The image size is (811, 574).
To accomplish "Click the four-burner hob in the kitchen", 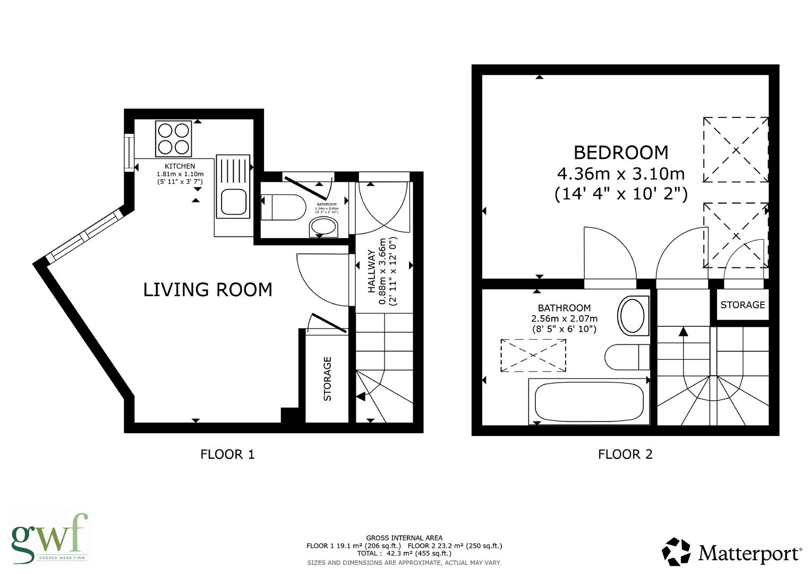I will tap(173, 138).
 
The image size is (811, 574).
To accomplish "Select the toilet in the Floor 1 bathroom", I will tap(283, 207).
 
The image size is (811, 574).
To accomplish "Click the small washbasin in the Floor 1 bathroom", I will tap(323, 228).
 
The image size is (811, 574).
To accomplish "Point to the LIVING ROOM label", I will tap(208, 290).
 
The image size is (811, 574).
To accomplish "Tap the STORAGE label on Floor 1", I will tap(327, 378).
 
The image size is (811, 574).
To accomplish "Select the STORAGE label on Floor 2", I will tap(742, 305).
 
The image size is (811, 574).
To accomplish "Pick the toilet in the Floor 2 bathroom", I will tap(627, 357).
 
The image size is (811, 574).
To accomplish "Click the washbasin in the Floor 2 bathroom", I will tap(634, 315).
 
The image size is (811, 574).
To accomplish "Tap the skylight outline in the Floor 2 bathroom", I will tap(533, 356).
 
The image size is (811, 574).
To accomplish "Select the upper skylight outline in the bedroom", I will tap(736, 150).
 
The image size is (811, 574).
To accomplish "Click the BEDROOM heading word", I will tap(620, 153).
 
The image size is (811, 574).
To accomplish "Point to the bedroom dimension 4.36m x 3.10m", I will tap(620, 174).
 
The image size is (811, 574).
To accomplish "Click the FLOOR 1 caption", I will tap(227, 454).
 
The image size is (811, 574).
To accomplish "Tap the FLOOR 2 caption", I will tap(625, 454).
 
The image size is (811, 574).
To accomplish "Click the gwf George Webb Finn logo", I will tap(49, 538).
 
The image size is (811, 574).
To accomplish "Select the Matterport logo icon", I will tap(676, 552).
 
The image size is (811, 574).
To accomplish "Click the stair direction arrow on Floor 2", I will tap(683, 332).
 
